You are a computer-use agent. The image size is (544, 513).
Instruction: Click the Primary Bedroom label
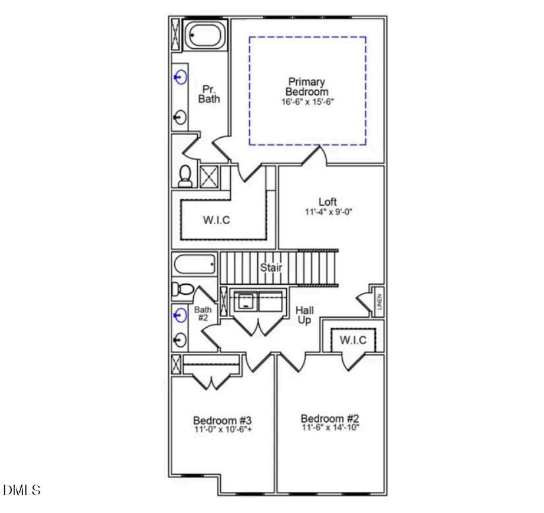tap(307, 86)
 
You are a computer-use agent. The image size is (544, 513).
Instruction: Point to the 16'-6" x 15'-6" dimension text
tap(307, 102)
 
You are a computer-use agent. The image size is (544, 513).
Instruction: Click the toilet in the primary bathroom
tap(185, 175)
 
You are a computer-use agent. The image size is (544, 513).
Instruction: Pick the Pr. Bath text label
tap(209, 94)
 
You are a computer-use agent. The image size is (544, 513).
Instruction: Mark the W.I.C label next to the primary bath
tap(216, 220)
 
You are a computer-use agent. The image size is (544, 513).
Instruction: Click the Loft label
tap(328, 202)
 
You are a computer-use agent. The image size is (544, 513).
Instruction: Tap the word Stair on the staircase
tap(271, 268)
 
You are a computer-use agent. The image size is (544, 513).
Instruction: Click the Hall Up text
tap(304, 315)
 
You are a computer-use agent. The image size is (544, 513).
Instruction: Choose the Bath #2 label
tap(202, 314)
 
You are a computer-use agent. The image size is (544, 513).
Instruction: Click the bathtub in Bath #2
tap(195, 265)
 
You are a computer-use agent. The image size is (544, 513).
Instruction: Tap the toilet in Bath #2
tap(183, 289)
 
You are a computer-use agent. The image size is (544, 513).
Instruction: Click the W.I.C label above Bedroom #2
tap(353, 340)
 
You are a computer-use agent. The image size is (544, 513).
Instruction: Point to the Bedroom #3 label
tap(222, 421)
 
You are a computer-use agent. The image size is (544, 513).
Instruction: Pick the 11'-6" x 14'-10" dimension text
tap(330, 429)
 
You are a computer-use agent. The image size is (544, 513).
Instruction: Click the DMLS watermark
tap(22, 491)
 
